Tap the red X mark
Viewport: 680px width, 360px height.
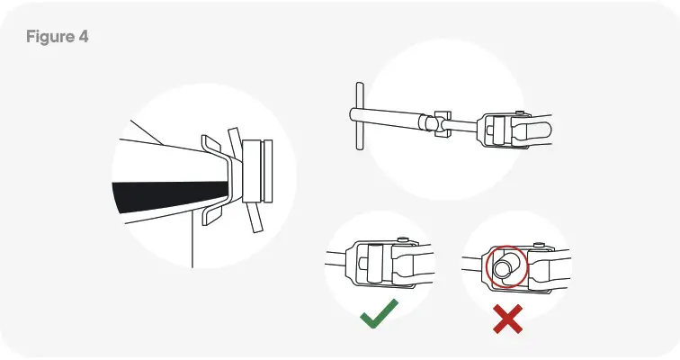tap(508, 319)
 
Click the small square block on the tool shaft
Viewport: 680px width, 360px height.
tap(439, 125)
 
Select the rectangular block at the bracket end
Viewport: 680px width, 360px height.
tap(256, 171)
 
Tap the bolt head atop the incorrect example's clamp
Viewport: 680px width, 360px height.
tap(537, 245)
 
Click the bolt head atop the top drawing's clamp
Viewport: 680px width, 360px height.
tap(521, 113)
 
